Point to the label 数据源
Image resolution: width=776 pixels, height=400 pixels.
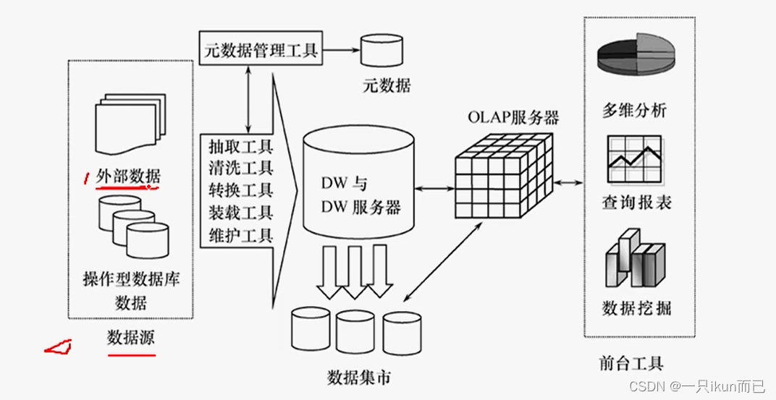(x=130, y=338)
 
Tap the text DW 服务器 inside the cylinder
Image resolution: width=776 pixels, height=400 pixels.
(x=360, y=208)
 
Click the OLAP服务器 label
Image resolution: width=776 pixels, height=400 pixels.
(x=513, y=117)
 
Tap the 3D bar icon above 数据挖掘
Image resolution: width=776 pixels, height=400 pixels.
(x=634, y=259)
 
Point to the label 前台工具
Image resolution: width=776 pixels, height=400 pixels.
(x=631, y=363)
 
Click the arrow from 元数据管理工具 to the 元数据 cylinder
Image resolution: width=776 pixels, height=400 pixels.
(x=339, y=51)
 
